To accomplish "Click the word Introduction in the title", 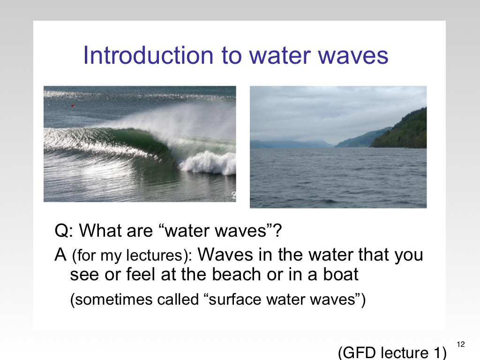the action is point(148,55).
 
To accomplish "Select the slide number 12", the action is point(461,345).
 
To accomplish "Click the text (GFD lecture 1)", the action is point(392,352).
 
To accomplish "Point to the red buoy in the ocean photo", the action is point(73,105).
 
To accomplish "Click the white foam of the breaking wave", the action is point(208,163).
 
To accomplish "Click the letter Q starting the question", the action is point(61,231).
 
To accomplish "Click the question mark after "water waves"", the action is point(278,230).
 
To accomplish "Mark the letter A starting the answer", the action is point(60,255).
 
